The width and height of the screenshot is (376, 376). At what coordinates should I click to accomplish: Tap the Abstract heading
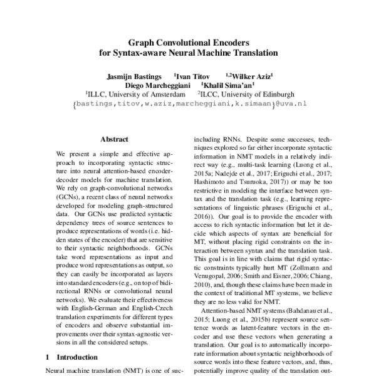click(x=114, y=139)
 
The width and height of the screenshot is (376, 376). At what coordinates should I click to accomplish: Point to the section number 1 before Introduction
click(x=48, y=357)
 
